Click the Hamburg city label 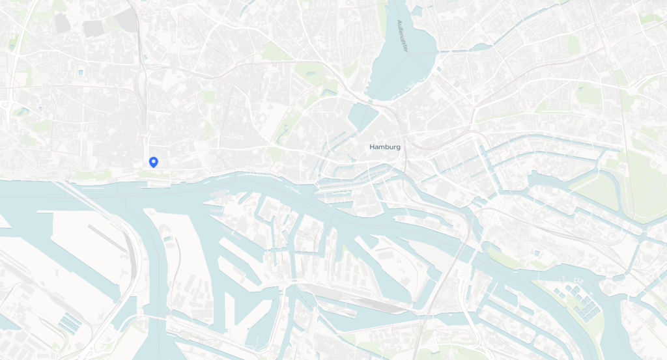click(x=385, y=147)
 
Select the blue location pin click(x=153, y=162)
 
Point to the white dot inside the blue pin click(x=153, y=160)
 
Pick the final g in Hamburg click(x=398, y=148)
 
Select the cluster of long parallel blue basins click(x=68, y=322)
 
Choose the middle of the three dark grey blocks click(x=93, y=28)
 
